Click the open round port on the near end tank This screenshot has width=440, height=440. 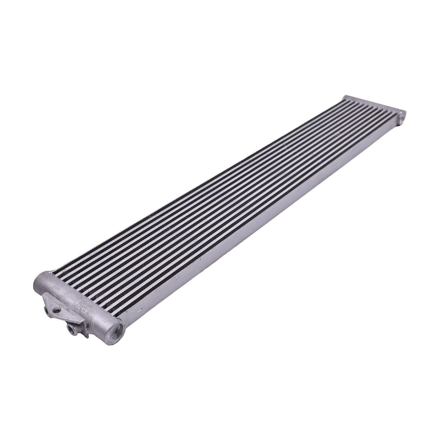[x=116, y=332]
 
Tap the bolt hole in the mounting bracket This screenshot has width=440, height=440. [x=56, y=311]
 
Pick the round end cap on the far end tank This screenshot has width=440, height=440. [x=402, y=116]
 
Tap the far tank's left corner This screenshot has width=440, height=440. [x=345, y=98]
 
